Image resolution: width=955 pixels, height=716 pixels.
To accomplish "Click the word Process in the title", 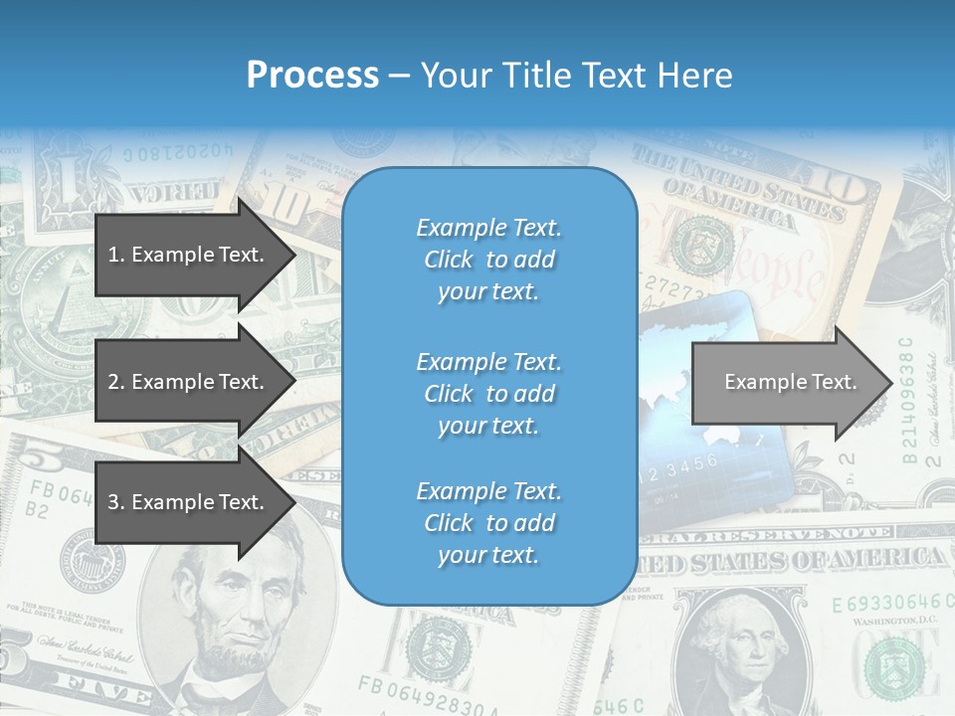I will pos(312,75).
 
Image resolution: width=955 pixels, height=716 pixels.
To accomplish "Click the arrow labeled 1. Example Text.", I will pos(186,255).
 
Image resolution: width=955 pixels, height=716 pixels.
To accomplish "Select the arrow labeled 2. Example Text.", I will pos(186,382).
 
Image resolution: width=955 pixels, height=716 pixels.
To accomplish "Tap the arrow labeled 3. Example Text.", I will pos(186,502).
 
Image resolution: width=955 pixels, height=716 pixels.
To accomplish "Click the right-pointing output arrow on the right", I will pos(790,382).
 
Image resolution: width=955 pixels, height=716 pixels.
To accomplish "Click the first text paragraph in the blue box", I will pos(488,260).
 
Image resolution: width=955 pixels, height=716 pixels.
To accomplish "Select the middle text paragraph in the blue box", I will pos(488,394).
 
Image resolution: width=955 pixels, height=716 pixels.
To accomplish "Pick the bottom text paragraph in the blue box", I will pos(488,523).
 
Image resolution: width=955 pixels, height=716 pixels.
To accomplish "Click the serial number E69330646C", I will pos(885,604).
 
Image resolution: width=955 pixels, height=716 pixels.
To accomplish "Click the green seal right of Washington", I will pos(892,661).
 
